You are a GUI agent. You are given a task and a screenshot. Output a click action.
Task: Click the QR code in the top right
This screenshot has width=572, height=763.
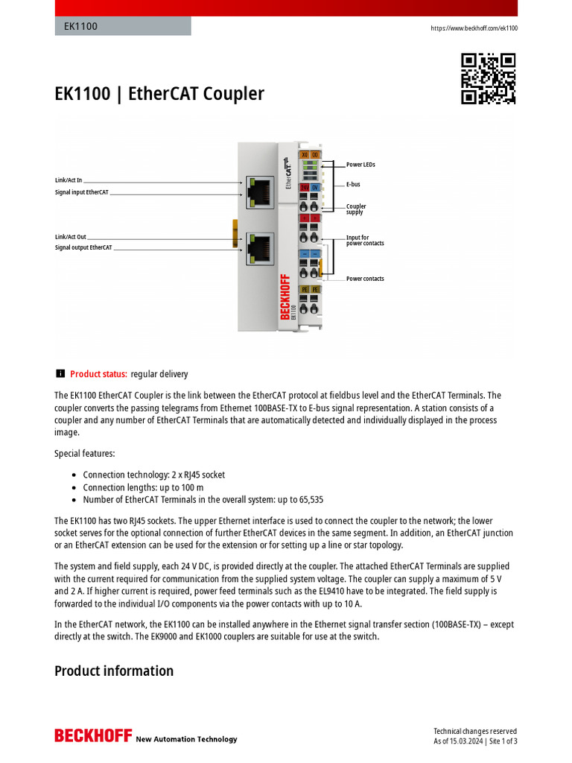coord(489,78)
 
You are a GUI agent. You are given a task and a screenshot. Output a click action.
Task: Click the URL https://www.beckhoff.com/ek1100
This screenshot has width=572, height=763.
coord(474,28)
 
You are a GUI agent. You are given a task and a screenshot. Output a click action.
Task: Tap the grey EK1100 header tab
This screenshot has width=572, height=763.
coord(123,27)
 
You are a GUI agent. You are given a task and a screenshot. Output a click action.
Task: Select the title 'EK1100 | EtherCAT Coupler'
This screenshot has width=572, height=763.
coord(159,94)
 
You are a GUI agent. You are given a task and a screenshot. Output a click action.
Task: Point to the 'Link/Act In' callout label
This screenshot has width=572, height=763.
coord(69,180)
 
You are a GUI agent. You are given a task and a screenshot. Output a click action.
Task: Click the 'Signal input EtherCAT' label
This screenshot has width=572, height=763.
coord(82,192)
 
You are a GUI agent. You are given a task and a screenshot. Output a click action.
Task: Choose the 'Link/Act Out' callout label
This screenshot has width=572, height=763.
coord(71,237)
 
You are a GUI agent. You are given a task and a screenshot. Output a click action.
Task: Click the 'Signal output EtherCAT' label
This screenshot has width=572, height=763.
coord(83,247)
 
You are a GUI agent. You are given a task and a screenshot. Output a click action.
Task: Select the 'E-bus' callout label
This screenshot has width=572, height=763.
coord(353,184)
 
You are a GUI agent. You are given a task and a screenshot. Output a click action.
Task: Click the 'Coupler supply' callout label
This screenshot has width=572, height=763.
coord(356,209)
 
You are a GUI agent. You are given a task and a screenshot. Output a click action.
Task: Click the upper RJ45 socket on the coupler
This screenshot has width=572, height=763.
coord(261,191)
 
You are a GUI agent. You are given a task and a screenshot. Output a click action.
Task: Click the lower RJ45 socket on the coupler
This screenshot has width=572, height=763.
coord(261,247)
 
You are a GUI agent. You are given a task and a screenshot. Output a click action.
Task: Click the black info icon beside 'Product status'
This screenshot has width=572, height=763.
coord(60,374)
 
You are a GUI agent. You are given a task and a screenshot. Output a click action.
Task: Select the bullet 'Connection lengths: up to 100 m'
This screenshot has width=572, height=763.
coord(143,487)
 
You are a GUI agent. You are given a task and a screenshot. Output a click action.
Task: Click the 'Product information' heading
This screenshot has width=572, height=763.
coord(114,671)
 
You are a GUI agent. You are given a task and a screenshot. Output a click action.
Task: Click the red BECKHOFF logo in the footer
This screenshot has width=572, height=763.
coord(92,736)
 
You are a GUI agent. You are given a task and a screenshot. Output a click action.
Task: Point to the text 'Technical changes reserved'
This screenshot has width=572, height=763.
coord(475,731)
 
